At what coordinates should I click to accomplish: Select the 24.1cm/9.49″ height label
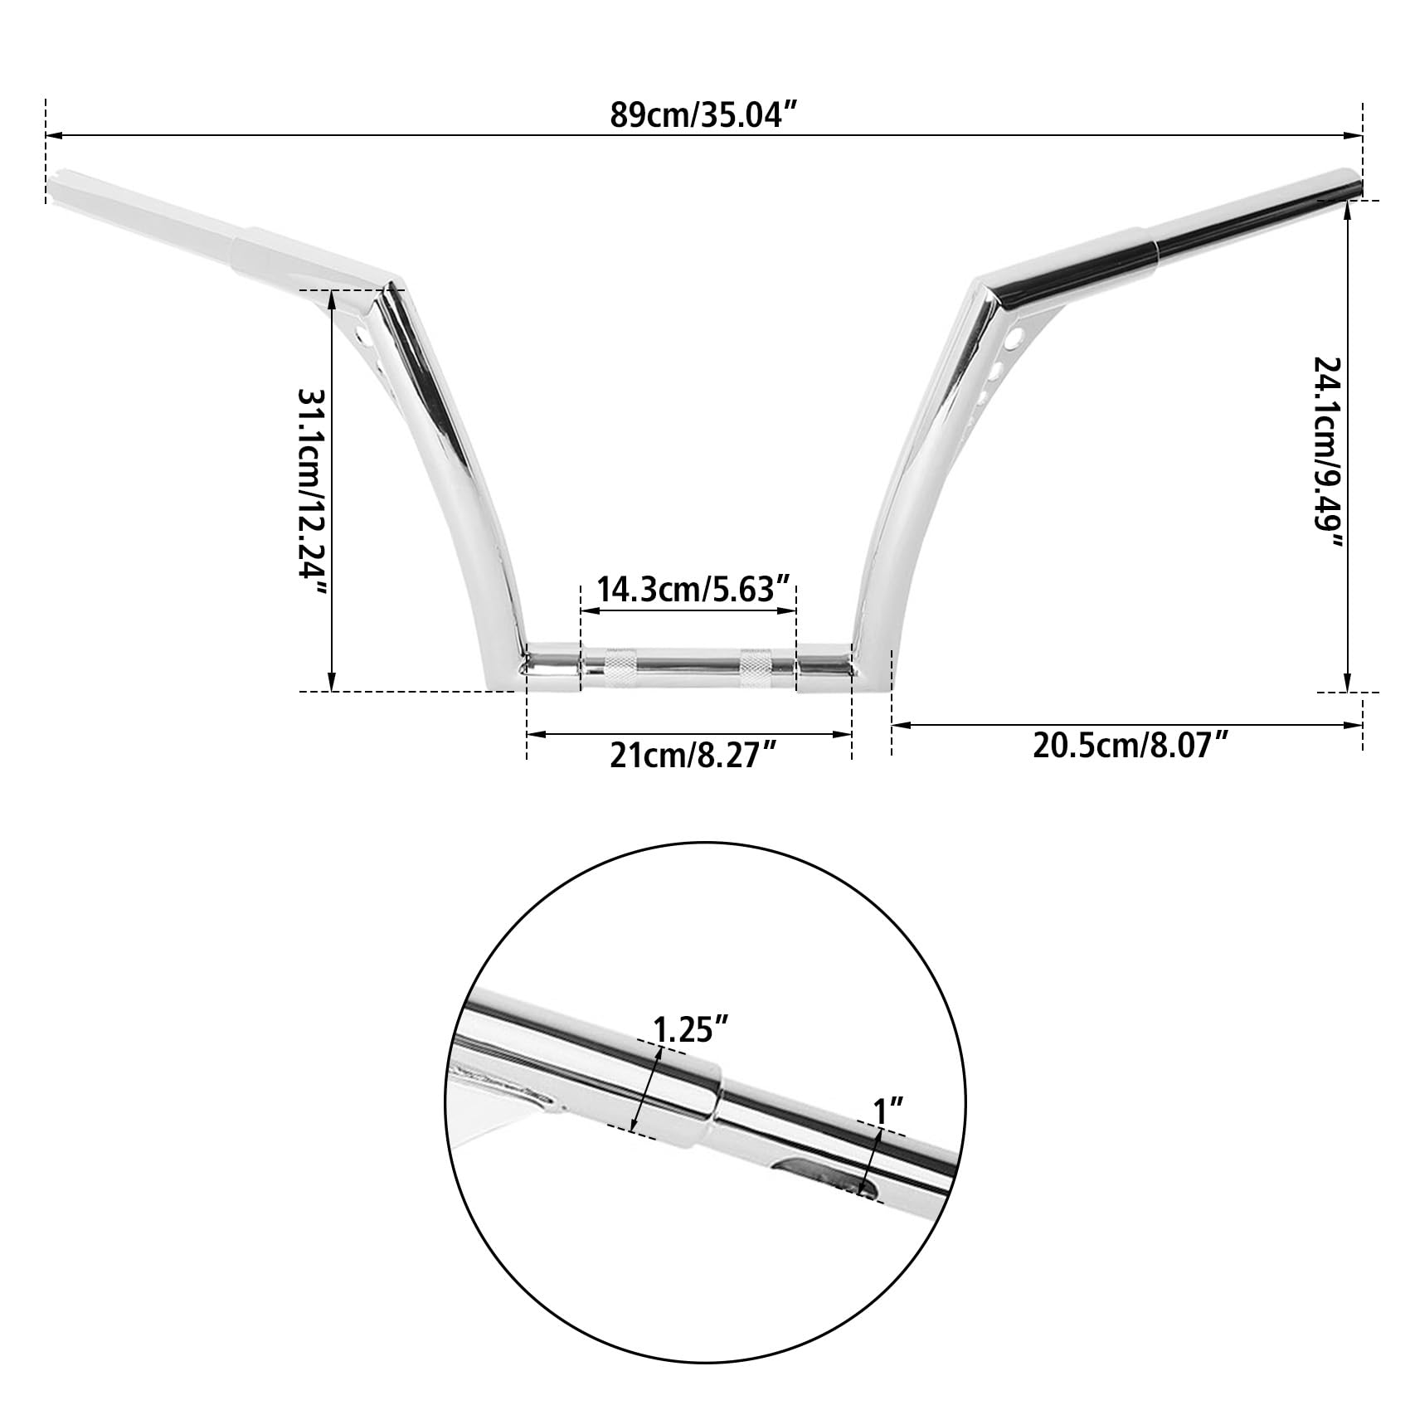[x=1327, y=453]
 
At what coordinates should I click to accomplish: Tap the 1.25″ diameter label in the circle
[x=691, y=1029]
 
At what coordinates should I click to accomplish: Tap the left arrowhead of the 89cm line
[x=51, y=134]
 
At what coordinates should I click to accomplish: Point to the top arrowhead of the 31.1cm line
[x=332, y=297]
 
